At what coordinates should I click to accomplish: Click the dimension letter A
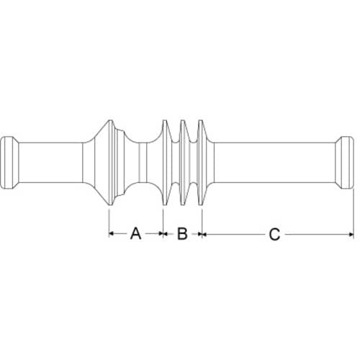135,234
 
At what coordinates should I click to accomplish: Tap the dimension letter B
182,234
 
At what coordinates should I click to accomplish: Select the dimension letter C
274,234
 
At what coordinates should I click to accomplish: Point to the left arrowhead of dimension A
111,233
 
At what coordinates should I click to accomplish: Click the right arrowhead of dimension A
161,233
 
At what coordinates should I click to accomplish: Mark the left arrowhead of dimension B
166,233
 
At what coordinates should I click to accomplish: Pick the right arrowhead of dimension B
200,233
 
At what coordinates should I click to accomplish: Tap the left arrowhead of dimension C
204,233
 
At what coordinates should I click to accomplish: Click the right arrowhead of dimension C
351,234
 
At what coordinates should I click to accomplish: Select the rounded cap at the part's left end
9,163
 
